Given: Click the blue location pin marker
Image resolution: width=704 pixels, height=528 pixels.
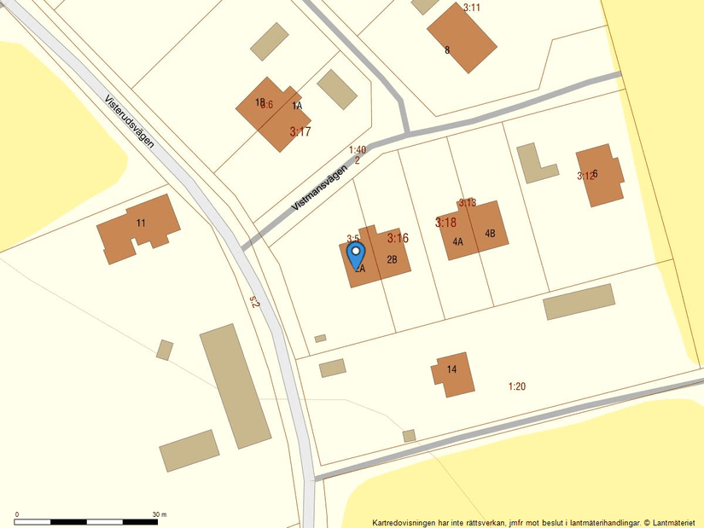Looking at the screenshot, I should (x=356, y=254).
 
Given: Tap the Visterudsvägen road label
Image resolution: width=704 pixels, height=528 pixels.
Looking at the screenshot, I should (x=130, y=120).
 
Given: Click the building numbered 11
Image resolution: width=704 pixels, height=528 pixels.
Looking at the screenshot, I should (x=139, y=228).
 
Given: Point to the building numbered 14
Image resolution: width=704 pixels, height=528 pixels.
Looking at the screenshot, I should (x=452, y=374).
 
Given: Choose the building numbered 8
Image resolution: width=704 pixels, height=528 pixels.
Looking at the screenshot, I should (x=461, y=39).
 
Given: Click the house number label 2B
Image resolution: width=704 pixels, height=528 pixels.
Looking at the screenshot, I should (x=393, y=259).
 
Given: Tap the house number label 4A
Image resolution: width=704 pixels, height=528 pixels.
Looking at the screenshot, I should (x=457, y=242).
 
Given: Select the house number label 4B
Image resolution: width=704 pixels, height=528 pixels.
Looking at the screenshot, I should (x=490, y=234).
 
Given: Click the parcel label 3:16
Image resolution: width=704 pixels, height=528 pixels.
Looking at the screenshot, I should (x=398, y=238).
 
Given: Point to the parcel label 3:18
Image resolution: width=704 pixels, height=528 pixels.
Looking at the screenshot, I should (x=445, y=223).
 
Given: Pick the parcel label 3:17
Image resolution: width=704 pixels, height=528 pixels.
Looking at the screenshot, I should (x=300, y=132).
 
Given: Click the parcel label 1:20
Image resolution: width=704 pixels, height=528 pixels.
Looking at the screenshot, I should (x=517, y=386).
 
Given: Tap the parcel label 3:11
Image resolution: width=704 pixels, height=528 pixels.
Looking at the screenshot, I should (x=472, y=8).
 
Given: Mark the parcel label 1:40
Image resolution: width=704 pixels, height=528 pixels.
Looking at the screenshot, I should (x=358, y=150).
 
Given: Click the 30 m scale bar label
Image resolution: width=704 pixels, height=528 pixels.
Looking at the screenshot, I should (x=160, y=515).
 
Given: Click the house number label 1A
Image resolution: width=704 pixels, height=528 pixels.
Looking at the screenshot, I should (x=297, y=107).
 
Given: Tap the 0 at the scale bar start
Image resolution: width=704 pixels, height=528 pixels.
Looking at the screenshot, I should (x=17, y=515).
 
